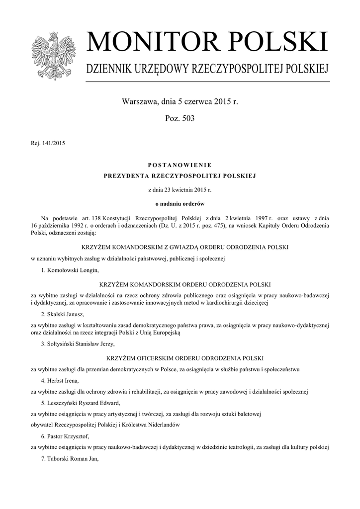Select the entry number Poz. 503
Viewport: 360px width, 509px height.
point(180,118)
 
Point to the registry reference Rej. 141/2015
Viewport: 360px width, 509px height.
point(48,144)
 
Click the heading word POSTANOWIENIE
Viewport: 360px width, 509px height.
point(180,165)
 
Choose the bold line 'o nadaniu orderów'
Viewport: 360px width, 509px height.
point(180,203)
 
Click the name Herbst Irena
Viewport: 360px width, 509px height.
point(63,381)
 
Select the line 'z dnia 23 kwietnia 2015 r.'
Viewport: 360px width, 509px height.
point(180,190)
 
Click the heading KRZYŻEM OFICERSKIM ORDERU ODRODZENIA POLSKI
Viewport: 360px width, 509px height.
point(180,358)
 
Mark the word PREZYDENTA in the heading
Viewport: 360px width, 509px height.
point(124,176)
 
